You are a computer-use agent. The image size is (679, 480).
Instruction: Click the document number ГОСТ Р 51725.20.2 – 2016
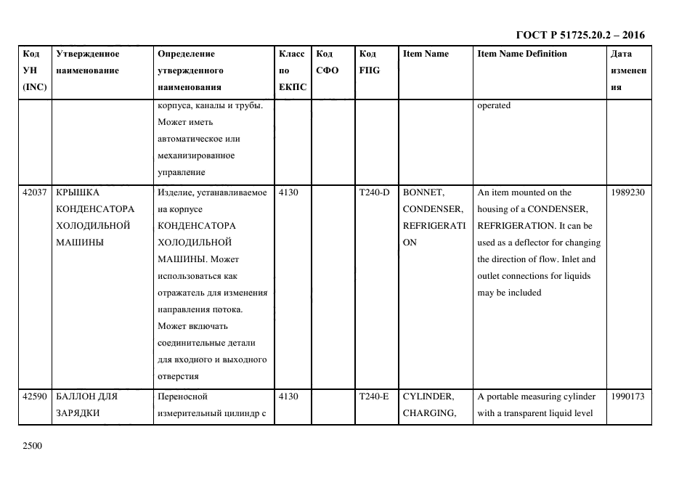[x=580, y=35]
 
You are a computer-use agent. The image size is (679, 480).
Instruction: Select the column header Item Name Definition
[x=522, y=54]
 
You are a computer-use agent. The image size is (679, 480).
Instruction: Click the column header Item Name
[x=426, y=54]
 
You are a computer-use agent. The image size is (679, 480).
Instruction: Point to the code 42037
[x=35, y=192]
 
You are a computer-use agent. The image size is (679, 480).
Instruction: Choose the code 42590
[x=35, y=397]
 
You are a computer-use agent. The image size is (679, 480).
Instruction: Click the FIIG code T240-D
[x=374, y=192]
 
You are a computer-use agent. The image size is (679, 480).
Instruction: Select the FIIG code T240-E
[x=374, y=397]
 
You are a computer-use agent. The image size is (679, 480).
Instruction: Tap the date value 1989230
[x=629, y=192]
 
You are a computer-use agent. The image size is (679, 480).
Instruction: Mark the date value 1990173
[x=629, y=397]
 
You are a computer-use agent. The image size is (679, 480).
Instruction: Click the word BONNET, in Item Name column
[x=423, y=192]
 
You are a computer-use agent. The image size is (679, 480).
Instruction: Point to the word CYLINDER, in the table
[x=428, y=397]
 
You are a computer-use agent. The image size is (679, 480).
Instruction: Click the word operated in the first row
[x=494, y=105]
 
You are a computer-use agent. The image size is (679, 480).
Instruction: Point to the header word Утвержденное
[x=87, y=54]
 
